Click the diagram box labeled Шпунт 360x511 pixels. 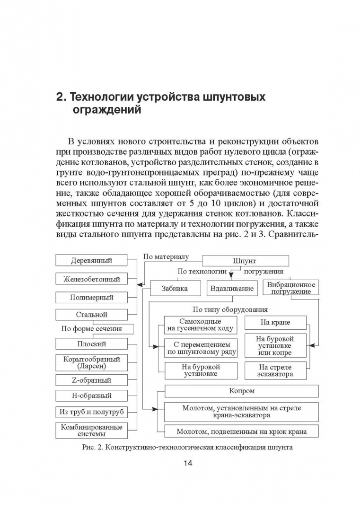coord(246,261)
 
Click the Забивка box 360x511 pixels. coord(174,288)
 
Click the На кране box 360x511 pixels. coord(275,323)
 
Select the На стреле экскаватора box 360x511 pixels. coord(275,370)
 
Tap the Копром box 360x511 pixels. coord(241,391)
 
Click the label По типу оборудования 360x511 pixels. coord(230,309)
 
